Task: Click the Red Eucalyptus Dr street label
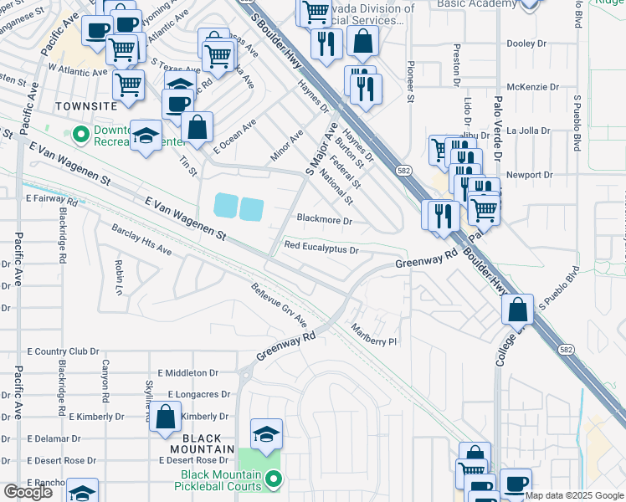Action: [321, 248]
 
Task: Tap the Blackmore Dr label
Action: [325, 221]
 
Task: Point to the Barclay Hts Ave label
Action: [141, 238]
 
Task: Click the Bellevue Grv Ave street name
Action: [279, 305]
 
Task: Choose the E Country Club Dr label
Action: [63, 352]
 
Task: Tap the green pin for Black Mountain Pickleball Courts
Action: [273, 479]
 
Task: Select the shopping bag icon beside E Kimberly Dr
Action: [166, 416]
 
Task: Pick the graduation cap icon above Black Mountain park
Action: [266, 433]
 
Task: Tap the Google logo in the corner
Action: [28, 492]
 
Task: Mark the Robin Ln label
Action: [119, 272]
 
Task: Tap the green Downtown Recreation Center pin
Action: [81, 134]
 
